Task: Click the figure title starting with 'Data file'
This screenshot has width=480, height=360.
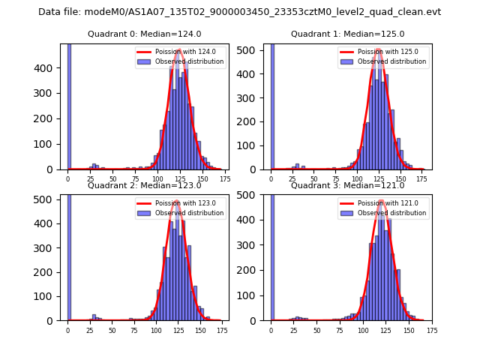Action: (239, 12)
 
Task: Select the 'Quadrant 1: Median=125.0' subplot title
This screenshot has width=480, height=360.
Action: (347, 34)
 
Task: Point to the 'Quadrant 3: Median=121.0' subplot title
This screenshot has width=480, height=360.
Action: (347, 185)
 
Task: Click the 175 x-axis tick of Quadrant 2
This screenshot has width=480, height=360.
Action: (221, 329)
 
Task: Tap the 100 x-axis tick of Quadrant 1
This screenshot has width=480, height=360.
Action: (357, 178)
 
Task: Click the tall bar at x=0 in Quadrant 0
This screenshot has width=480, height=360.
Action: (69, 105)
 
